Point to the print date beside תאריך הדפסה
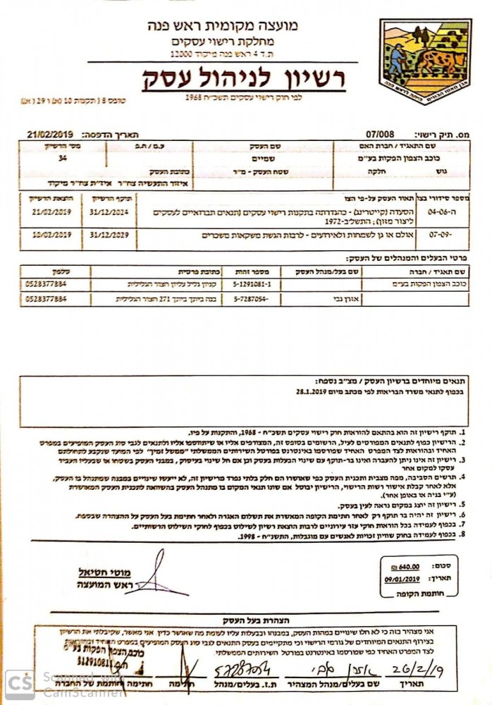(x=49, y=132)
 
